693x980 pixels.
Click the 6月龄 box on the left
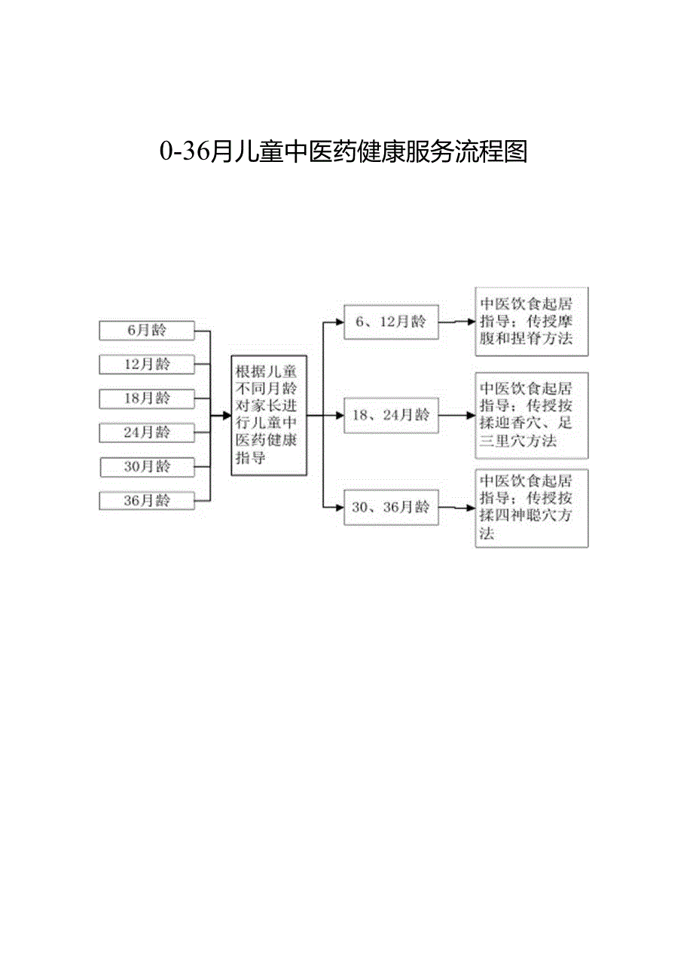click(x=146, y=330)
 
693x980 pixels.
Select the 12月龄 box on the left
click(x=146, y=365)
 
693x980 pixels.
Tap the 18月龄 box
click(x=146, y=398)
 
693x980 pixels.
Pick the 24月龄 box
click(x=146, y=432)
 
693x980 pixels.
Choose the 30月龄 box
click(x=146, y=467)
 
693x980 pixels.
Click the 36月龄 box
click(x=146, y=501)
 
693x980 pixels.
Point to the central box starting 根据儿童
click(x=269, y=415)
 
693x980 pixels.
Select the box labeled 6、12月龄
click(x=391, y=322)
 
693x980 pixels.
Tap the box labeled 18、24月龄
click(x=391, y=415)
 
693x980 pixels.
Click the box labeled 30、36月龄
click(x=391, y=508)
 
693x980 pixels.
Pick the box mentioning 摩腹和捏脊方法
click(x=531, y=322)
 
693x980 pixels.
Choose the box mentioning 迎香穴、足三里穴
click(x=531, y=415)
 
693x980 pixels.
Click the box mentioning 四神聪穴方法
click(x=531, y=508)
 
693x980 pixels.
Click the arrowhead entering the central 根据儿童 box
click(x=227, y=415)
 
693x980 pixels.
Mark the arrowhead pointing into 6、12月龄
click(x=340, y=322)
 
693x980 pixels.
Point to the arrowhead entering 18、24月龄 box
click(x=340, y=415)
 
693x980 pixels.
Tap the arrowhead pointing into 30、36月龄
click(x=340, y=508)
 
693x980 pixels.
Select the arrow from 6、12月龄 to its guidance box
click(x=456, y=322)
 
